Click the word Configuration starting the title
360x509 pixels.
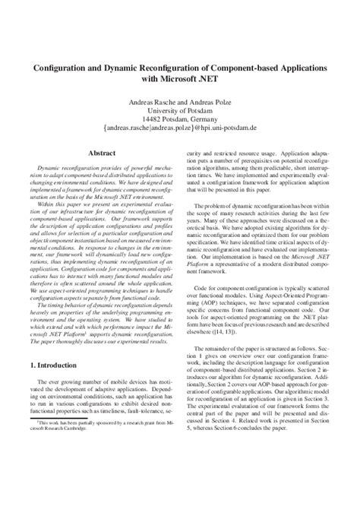click(x=61, y=67)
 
